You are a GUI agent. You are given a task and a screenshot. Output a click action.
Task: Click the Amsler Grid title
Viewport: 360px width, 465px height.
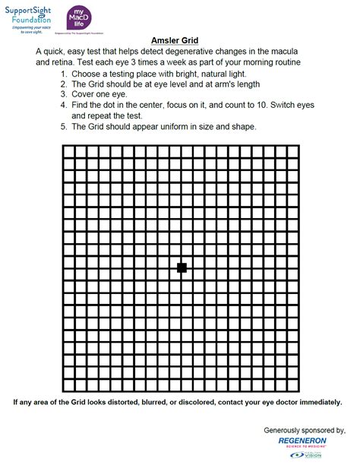tap(179, 40)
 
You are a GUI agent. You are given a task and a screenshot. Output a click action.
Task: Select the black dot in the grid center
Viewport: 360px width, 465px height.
tap(182, 267)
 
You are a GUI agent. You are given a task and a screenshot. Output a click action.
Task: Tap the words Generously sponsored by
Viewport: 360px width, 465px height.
tap(304, 430)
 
